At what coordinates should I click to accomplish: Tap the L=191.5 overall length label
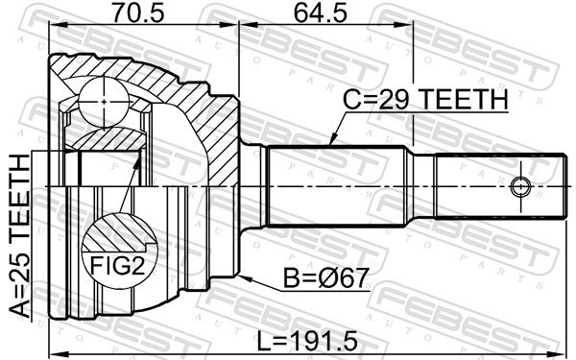[307, 340]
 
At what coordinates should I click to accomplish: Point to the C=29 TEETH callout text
[425, 100]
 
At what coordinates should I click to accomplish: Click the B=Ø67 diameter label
[325, 277]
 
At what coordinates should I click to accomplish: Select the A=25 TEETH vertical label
[19, 236]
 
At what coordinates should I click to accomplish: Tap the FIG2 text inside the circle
[117, 266]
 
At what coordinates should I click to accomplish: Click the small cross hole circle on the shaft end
[521, 186]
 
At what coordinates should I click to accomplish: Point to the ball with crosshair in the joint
[105, 102]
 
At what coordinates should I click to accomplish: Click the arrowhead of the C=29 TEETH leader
[331, 141]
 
